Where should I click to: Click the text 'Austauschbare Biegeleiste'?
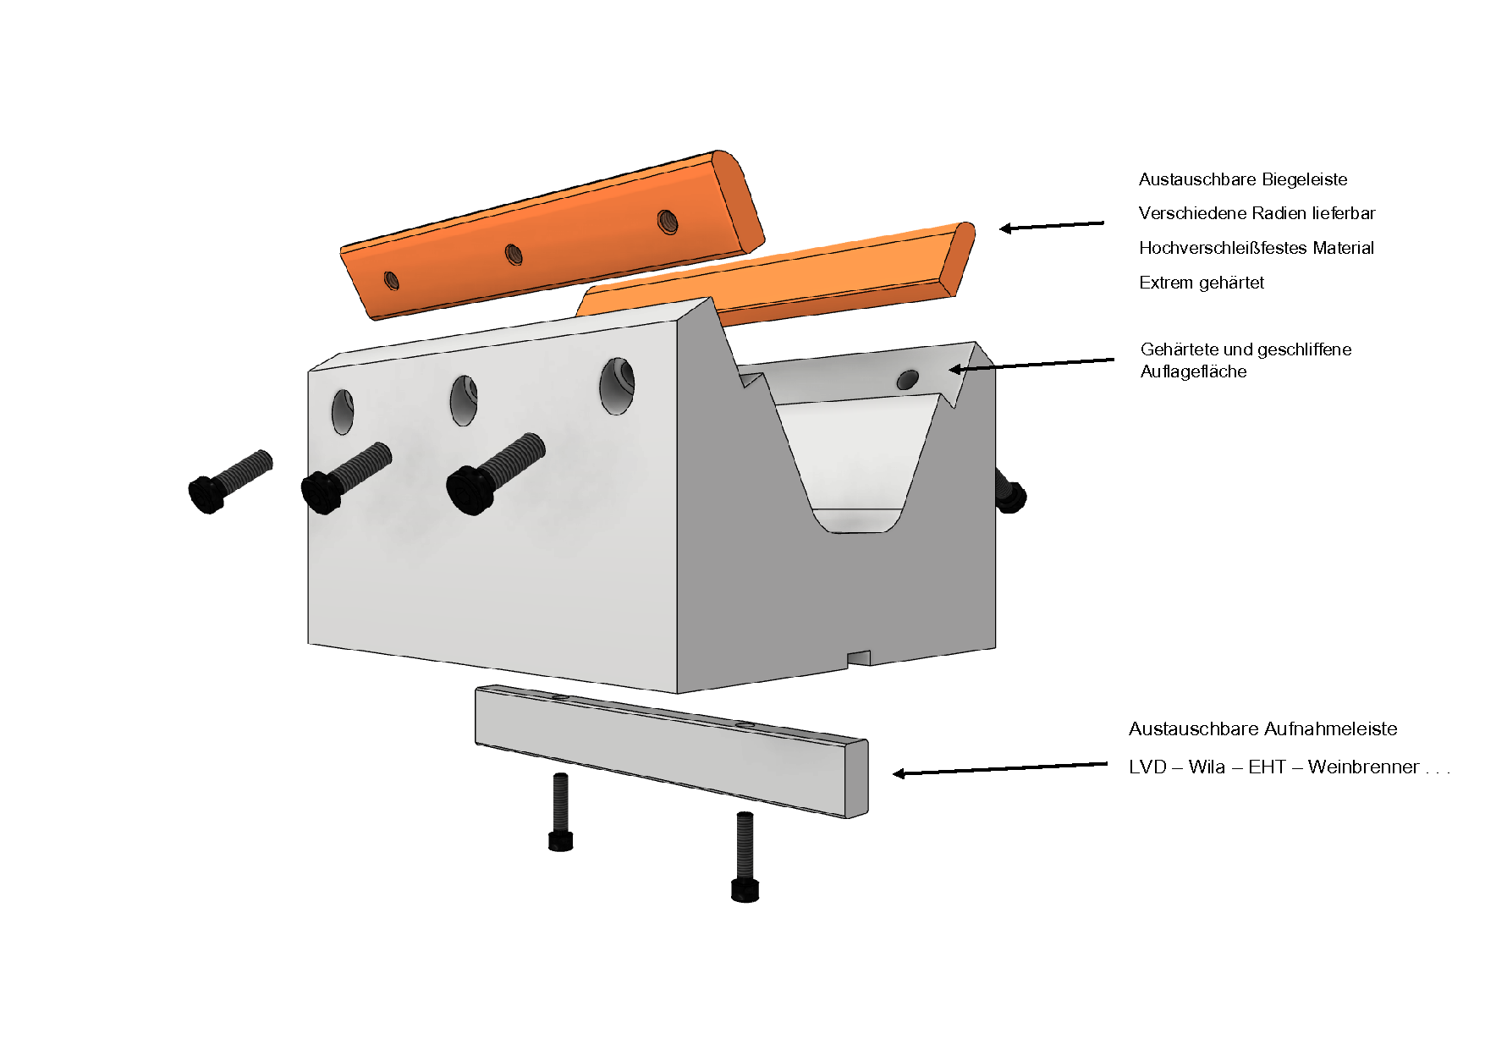[1242, 179]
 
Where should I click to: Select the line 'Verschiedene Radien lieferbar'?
[1257, 213]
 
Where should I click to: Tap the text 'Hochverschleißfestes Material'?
[1256, 248]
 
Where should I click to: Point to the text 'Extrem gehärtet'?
[1201, 283]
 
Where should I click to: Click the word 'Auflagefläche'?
[1193, 371]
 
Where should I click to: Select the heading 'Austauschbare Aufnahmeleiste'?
[1262, 729]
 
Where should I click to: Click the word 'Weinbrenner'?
[1363, 767]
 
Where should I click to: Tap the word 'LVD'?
[1147, 767]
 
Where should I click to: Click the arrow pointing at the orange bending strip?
[1052, 226]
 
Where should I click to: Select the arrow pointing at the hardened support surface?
[1031, 365]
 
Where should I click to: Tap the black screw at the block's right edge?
[1009, 492]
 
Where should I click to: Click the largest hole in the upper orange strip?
[668, 222]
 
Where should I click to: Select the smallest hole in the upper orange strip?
[392, 279]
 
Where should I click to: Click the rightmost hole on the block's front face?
[617, 386]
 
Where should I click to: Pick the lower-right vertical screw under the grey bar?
[745, 857]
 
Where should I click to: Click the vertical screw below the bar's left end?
[560, 812]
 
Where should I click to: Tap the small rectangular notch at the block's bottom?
[859, 658]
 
